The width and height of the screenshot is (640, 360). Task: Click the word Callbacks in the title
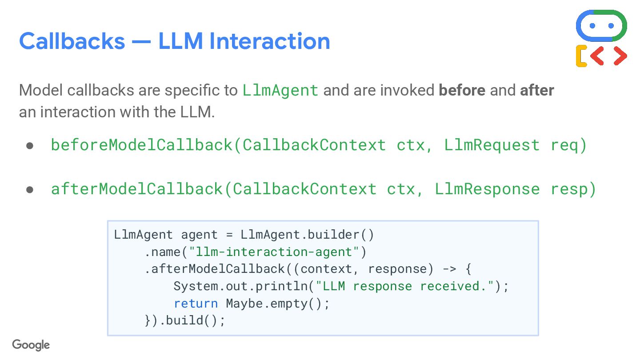click(72, 41)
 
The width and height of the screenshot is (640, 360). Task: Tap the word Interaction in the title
click(269, 41)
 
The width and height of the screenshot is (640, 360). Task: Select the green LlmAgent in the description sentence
click(280, 90)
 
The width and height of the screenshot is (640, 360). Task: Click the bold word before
click(462, 90)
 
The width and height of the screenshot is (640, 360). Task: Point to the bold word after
click(537, 90)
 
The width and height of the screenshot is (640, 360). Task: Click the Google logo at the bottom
click(31, 345)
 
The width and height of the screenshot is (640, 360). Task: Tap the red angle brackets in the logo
click(609, 56)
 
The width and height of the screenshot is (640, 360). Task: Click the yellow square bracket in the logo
click(581, 56)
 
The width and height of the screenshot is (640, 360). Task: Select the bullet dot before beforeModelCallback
click(30, 145)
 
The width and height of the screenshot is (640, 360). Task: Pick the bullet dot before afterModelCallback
click(30, 189)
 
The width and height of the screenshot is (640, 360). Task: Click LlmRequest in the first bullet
click(492, 145)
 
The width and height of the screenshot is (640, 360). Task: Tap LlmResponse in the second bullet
click(487, 189)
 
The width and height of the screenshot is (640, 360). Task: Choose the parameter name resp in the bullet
click(568, 190)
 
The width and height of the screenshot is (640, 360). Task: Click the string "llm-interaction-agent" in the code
click(273, 252)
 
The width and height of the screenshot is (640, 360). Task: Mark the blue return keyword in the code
click(196, 304)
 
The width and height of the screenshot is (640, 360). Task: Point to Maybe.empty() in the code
click(277, 304)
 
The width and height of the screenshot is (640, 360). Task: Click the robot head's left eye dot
click(592, 26)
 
